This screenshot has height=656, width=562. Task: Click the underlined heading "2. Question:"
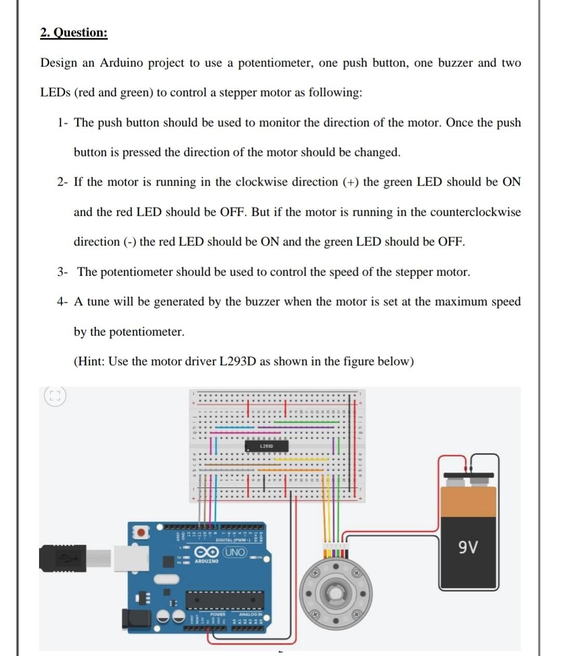(x=74, y=33)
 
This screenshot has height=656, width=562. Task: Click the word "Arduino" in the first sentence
(x=121, y=63)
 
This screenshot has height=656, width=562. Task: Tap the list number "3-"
(x=63, y=272)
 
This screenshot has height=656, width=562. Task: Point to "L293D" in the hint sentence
(x=236, y=361)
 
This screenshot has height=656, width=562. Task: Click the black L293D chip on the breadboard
(x=266, y=447)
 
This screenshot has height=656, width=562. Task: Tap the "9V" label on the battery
(x=469, y=547)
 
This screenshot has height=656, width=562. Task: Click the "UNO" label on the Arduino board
(x=234, y=552)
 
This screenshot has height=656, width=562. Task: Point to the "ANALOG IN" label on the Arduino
(x=250, y=614)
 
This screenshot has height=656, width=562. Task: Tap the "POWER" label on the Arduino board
(x=218, y=614)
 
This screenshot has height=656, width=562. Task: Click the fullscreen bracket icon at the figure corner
(x=54, y=397)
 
